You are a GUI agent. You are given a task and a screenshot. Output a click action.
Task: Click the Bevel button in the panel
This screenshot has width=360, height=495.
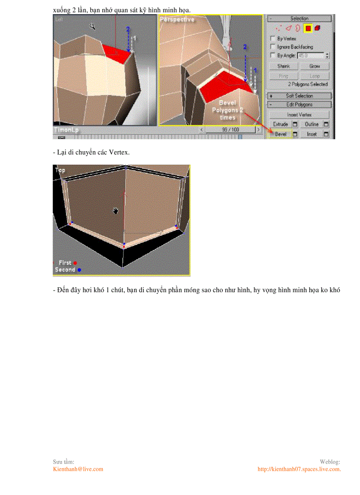(281, 134)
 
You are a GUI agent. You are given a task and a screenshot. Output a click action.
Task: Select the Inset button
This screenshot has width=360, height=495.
(312, 134)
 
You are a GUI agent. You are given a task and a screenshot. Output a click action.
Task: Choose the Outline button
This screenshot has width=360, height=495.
(312, 124)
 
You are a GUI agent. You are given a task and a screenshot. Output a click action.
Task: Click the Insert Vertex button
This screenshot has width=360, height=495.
(300, 115)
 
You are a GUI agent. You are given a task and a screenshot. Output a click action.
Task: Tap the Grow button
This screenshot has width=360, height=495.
(315, 66)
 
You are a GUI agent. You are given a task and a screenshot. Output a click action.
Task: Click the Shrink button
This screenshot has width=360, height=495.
(284, 66)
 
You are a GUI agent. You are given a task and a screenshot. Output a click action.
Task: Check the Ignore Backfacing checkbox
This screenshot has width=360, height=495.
(273, 47)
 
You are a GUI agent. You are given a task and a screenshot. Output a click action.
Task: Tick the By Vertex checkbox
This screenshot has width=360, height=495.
(273, 39)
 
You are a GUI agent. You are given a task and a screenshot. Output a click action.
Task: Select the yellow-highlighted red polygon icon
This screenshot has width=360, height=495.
(308, 28)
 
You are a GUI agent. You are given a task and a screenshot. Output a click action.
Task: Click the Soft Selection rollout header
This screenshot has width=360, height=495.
(300, 96)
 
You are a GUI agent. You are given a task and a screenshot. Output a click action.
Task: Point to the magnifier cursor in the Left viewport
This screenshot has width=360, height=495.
(93, 26)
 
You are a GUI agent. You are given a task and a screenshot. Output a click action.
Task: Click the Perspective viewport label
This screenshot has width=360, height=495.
(177, 19)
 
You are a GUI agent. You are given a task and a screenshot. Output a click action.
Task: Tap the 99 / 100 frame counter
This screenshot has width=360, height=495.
(230, 130)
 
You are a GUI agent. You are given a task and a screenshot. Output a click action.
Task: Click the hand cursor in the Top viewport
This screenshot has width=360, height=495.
(116, 212)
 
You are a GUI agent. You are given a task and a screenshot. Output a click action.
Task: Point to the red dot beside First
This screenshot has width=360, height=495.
(75, 263)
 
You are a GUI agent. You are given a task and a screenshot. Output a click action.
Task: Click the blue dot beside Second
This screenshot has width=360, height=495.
(79, 270)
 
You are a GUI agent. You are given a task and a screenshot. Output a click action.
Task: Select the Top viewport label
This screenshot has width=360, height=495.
(60, 170)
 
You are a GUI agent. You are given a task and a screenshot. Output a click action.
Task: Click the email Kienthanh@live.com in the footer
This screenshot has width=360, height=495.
(78, 469)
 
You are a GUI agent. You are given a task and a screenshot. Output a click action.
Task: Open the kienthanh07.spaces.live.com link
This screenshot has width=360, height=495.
(299, 469)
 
